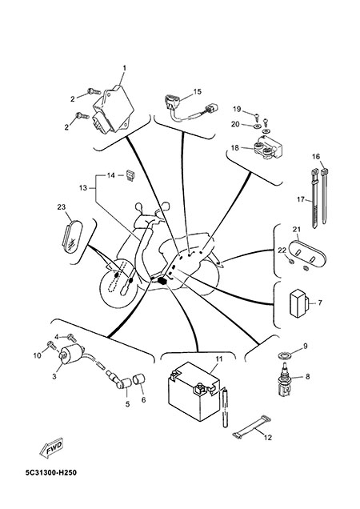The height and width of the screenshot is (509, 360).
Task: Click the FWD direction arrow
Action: [x=51, y=449]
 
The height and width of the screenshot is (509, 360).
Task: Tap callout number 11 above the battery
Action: [x=218, y=359]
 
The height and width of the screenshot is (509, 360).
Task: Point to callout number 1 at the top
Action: [x=124, y=68]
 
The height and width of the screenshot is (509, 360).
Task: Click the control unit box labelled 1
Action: [x=114, y=110]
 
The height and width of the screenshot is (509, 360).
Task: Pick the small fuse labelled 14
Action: [x=130, y=175]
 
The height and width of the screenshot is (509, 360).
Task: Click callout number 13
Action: [x=83, y=188]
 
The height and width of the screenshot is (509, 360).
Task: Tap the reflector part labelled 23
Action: [x=72, y=236]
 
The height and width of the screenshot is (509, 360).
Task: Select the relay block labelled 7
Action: [x=300, y=303]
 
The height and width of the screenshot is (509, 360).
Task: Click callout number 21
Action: [x=296, y=230]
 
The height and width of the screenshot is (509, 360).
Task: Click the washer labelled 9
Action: [x=285, y=355]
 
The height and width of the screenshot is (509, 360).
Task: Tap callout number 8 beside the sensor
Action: [x=307, y=377]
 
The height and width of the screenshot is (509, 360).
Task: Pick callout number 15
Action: [x=197, y=92]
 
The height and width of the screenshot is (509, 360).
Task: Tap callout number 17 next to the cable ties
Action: [x=301, y=199]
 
